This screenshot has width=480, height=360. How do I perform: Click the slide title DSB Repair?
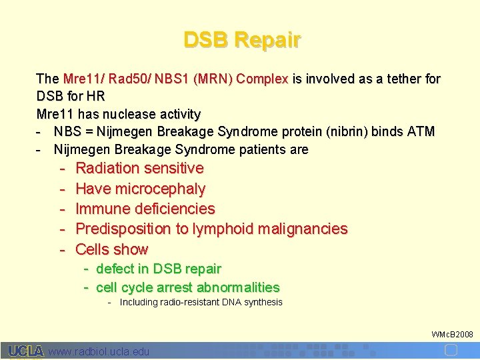[242, 41]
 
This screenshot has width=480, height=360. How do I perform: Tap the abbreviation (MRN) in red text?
[212, 79]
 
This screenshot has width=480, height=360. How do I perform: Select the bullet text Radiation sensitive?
[139, 169]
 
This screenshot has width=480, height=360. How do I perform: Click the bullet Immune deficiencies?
[145, 209]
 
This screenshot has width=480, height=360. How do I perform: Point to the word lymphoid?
[223, 229]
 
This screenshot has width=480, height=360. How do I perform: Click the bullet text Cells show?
[112, 249]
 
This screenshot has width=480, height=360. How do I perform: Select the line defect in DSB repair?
[159, 269]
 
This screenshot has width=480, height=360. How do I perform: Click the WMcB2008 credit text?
[452, 333]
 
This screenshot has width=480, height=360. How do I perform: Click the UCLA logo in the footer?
[26, 351]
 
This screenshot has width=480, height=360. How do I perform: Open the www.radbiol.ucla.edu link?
[99, 351]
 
